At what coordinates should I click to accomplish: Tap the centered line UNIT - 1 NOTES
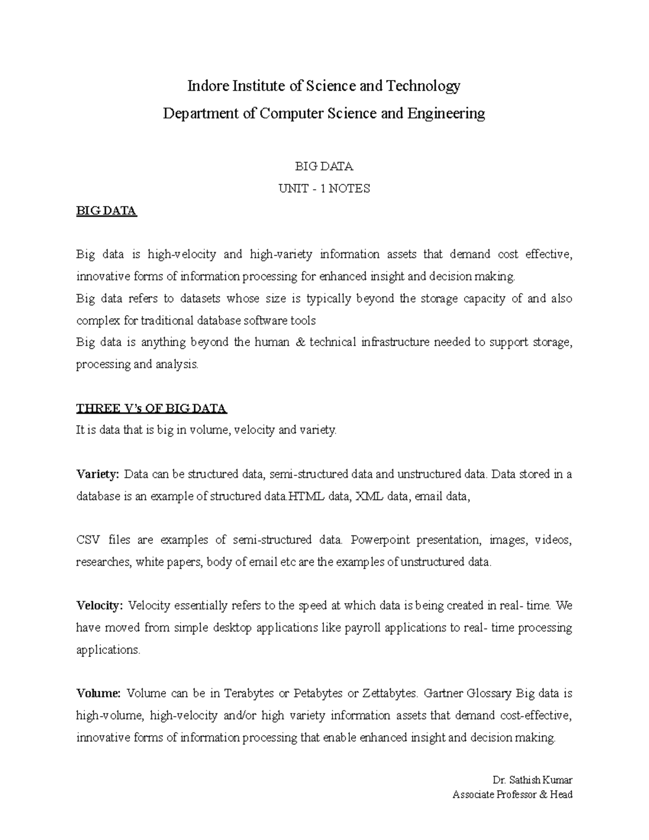pyautogui.click(x=324, y=189)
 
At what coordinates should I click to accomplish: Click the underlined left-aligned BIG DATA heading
pyautogui.click(x=107, y=211)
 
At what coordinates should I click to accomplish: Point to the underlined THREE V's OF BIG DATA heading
pyautogui.click(x=151, y=408)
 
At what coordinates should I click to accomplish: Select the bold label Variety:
pyautogui.click(x=97, y=474)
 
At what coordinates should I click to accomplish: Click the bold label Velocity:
pyautogui.click(x=100, y=606)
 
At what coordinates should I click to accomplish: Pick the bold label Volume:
pyautogui.click(x=98, y=693)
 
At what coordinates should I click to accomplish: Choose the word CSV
pyautogui.click(x=87, y=540)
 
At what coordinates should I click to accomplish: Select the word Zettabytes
pyautogui.click(x=389, y=693)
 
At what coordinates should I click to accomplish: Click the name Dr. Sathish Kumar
pyautogui.click(x=532, y=781)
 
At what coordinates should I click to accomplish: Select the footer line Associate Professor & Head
pyautogui.click(x=512, y=795)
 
